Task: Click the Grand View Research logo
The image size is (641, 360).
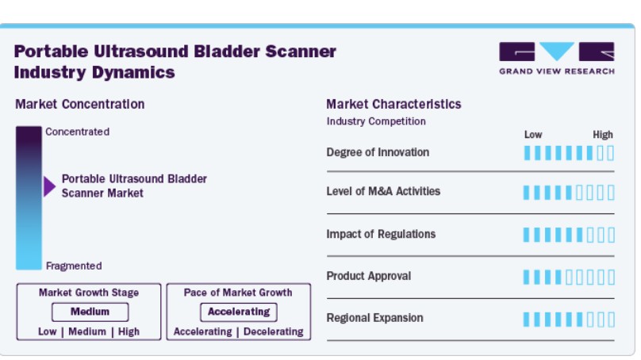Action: (x=556, y=59)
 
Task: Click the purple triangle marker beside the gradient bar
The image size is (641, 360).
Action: (x=49, y=186)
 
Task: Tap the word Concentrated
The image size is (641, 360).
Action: (x=77, y=132)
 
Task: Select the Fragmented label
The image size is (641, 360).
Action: (x=74, y=266)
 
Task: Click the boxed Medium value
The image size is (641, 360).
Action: (x=90, y=312)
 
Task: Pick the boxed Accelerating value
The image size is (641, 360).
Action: (x=239, y=312)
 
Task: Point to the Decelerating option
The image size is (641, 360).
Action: (x=274, y=331)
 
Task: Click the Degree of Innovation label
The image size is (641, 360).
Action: (x=378, y=152)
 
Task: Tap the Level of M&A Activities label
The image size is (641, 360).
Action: (x=383, y=191)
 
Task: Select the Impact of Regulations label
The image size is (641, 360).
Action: (x=381, y=234)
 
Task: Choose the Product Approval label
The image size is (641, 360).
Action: (x=368, y=276)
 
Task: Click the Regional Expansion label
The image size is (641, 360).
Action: (x=374, y=318)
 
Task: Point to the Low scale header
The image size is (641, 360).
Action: (x=533, y=135)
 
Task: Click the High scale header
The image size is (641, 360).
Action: (x=603, y=135)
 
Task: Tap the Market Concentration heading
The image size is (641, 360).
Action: (x=79, y=104)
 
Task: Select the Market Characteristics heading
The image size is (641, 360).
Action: (x=393, y=104)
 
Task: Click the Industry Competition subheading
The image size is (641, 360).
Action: (x=376, y=121)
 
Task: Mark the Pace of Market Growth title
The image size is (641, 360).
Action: (x=238, y=293)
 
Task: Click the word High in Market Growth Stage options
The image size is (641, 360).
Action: (x=129, y=331)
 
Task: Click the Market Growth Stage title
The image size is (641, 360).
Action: (x=89, y=293)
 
